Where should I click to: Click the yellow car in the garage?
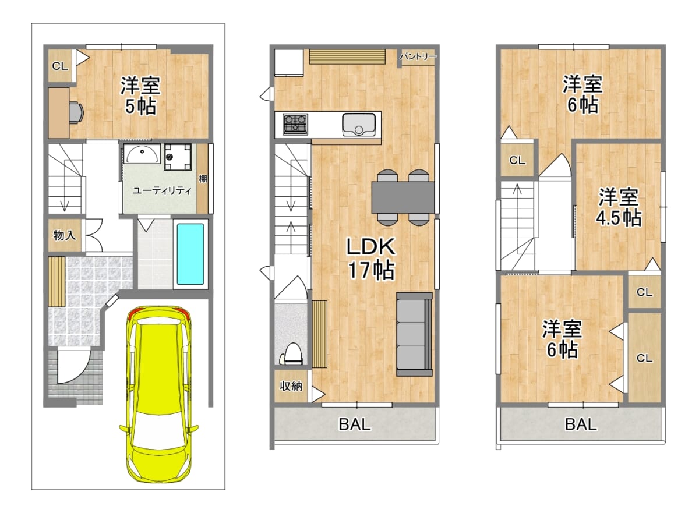click(x=159, y=394)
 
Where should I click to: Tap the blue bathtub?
click(x=190, y=254)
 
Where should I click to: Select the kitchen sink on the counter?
click(x=359, y=125)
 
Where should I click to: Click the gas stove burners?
click(x=295, y=125)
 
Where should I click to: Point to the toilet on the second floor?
click(x=293, y=354)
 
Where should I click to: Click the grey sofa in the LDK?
click(x=414, y=334)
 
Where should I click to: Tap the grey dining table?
click(x=403, y=198)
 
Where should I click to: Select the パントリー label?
click(x=418, y=56)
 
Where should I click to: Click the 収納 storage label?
click(x=291, y=387)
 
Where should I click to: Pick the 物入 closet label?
click(x=65, y=235)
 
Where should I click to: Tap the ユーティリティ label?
click(x=162, y=190)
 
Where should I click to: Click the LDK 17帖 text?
click(x=372, y=259)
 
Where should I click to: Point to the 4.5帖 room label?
click(x=619, y=218)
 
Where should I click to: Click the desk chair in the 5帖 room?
click(x=76, y=112)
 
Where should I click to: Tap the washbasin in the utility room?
click(x=142, y=153)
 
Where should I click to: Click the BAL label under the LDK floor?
click(x=355, y=424)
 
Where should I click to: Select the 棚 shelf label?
click(x=203, y=179)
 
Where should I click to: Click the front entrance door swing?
click(x=73, y=366)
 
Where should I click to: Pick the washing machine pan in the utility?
click(x=178, y=157)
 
